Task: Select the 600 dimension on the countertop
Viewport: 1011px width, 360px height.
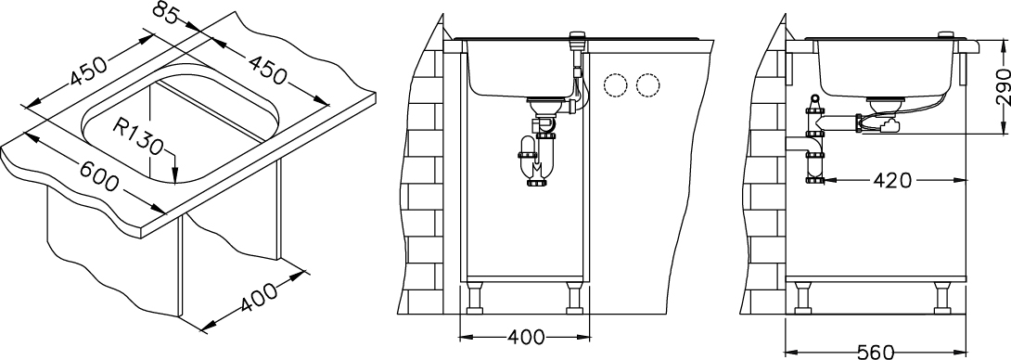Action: point(99,174)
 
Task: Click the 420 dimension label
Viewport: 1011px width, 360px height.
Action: point(892,181)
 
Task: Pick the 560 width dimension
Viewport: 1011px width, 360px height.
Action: point(876,353)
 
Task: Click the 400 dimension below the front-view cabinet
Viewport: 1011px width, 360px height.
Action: point(525,337)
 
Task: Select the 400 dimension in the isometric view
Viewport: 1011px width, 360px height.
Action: point(260,297)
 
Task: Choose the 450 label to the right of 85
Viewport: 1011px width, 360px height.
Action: point(266,70)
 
